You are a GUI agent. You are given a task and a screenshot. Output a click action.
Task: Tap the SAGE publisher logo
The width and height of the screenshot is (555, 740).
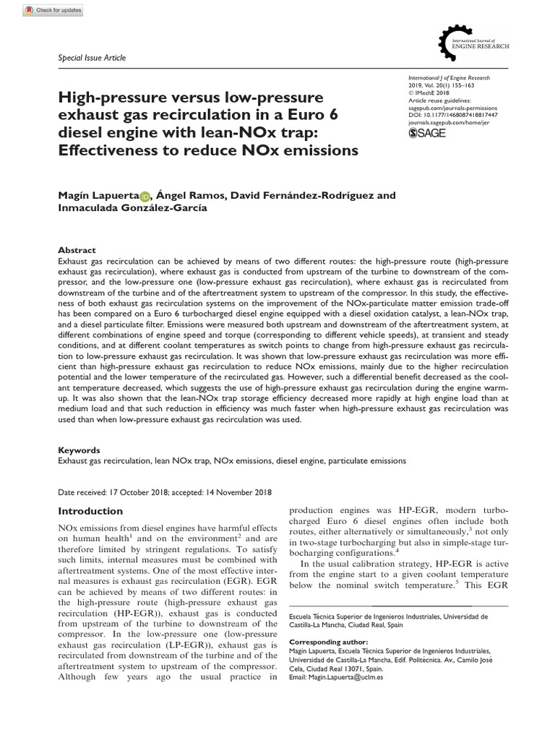426,134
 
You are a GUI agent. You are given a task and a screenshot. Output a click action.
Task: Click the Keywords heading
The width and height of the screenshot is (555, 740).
79,449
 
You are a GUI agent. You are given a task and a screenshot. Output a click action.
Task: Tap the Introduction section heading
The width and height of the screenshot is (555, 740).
90,511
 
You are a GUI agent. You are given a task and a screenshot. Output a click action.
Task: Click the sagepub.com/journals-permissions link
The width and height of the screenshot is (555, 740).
449,107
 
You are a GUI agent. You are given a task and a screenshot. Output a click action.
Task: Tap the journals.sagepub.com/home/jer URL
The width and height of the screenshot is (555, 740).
449,123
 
